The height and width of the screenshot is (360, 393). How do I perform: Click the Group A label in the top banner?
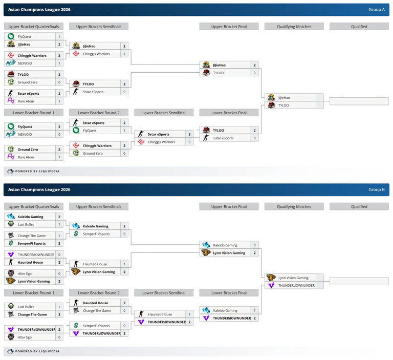click(377, 10)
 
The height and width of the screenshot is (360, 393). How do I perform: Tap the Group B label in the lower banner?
click(377, 189)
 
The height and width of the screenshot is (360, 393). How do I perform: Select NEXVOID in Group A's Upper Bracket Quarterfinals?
click(25, 63)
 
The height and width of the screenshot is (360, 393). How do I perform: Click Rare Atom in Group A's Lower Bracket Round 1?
click(26, 157)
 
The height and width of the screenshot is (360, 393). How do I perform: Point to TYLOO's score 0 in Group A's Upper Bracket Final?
click(255, 73)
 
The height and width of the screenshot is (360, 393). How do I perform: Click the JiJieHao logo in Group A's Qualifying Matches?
click(271, 97)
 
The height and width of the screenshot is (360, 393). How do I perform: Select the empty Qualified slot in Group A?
click(359, 101)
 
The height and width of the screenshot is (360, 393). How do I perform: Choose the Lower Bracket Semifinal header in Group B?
click(164, 293)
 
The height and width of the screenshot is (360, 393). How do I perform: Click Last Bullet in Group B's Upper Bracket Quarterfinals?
click(26, 224)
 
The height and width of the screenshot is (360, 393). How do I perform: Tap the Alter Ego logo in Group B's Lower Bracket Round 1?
click(11, 337)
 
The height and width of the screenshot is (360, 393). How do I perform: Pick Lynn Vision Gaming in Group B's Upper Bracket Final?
click(229, 253)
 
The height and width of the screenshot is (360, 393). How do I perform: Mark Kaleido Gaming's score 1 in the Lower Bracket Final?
click(255, 310)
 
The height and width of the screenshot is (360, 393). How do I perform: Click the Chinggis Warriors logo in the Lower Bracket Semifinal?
click(141, 142)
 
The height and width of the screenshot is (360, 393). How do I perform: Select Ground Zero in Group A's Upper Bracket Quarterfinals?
click(28, 82)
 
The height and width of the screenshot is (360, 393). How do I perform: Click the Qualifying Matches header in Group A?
click(294, 27)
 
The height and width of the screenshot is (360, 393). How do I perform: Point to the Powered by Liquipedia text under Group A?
click(37, 172)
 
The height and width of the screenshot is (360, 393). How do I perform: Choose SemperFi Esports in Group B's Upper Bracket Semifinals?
click(96, 234)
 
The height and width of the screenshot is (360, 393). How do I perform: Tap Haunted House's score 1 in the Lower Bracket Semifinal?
click(189, 314)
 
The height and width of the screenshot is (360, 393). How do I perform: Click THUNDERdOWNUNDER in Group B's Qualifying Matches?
click(296, 286)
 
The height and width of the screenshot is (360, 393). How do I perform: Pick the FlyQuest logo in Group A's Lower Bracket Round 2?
click(76, 130)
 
